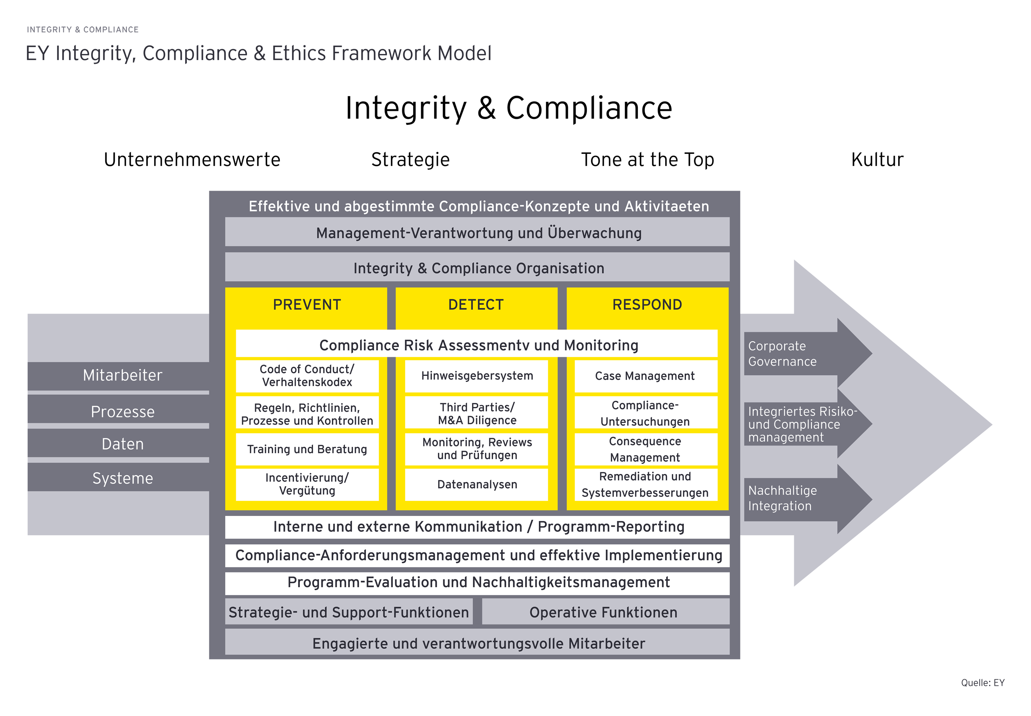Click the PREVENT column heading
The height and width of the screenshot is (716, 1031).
coord(307,305)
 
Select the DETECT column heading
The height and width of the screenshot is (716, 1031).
coord(476,305)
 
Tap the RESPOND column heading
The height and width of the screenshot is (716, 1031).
coord(647,305)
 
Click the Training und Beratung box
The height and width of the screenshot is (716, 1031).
coord(307,449)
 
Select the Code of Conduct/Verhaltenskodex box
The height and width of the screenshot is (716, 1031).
coord(307,376)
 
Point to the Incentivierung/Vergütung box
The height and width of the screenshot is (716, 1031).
coord(307,484)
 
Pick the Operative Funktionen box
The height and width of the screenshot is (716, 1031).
coord(604,612)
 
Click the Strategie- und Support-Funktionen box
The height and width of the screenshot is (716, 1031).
coord(349,612)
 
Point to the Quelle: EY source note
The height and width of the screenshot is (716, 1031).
coord(983,683)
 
